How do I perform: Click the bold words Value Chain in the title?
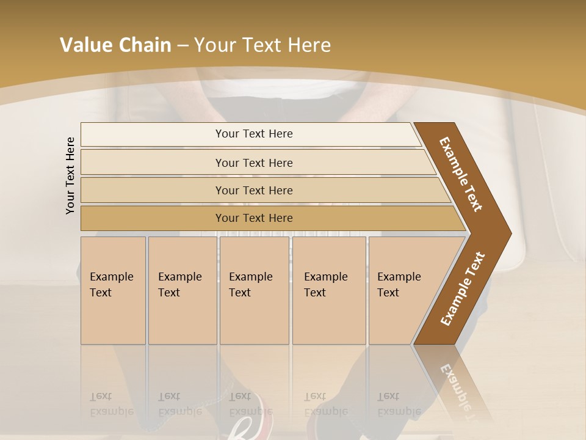point(115,45)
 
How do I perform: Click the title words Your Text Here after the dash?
point(262,45)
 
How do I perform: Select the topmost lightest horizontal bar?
point(153,134)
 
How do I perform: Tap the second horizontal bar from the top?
point(153,163)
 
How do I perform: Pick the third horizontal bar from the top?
point(153,190)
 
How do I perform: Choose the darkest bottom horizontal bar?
point(153,218)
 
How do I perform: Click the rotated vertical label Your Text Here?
point(70,176)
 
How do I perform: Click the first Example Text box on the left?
point(113,290)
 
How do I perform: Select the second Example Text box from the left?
point(182,290)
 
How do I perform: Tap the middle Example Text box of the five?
point(254,290)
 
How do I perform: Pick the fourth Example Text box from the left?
point(329,290)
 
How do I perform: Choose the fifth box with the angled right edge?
point(403,290)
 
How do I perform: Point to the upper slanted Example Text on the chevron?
point(461,174)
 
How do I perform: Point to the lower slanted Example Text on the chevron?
point(463,288)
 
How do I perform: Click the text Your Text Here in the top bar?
point(254,134)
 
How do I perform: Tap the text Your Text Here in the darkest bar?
point(254,218)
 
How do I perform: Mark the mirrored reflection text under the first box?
point(111,404)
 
